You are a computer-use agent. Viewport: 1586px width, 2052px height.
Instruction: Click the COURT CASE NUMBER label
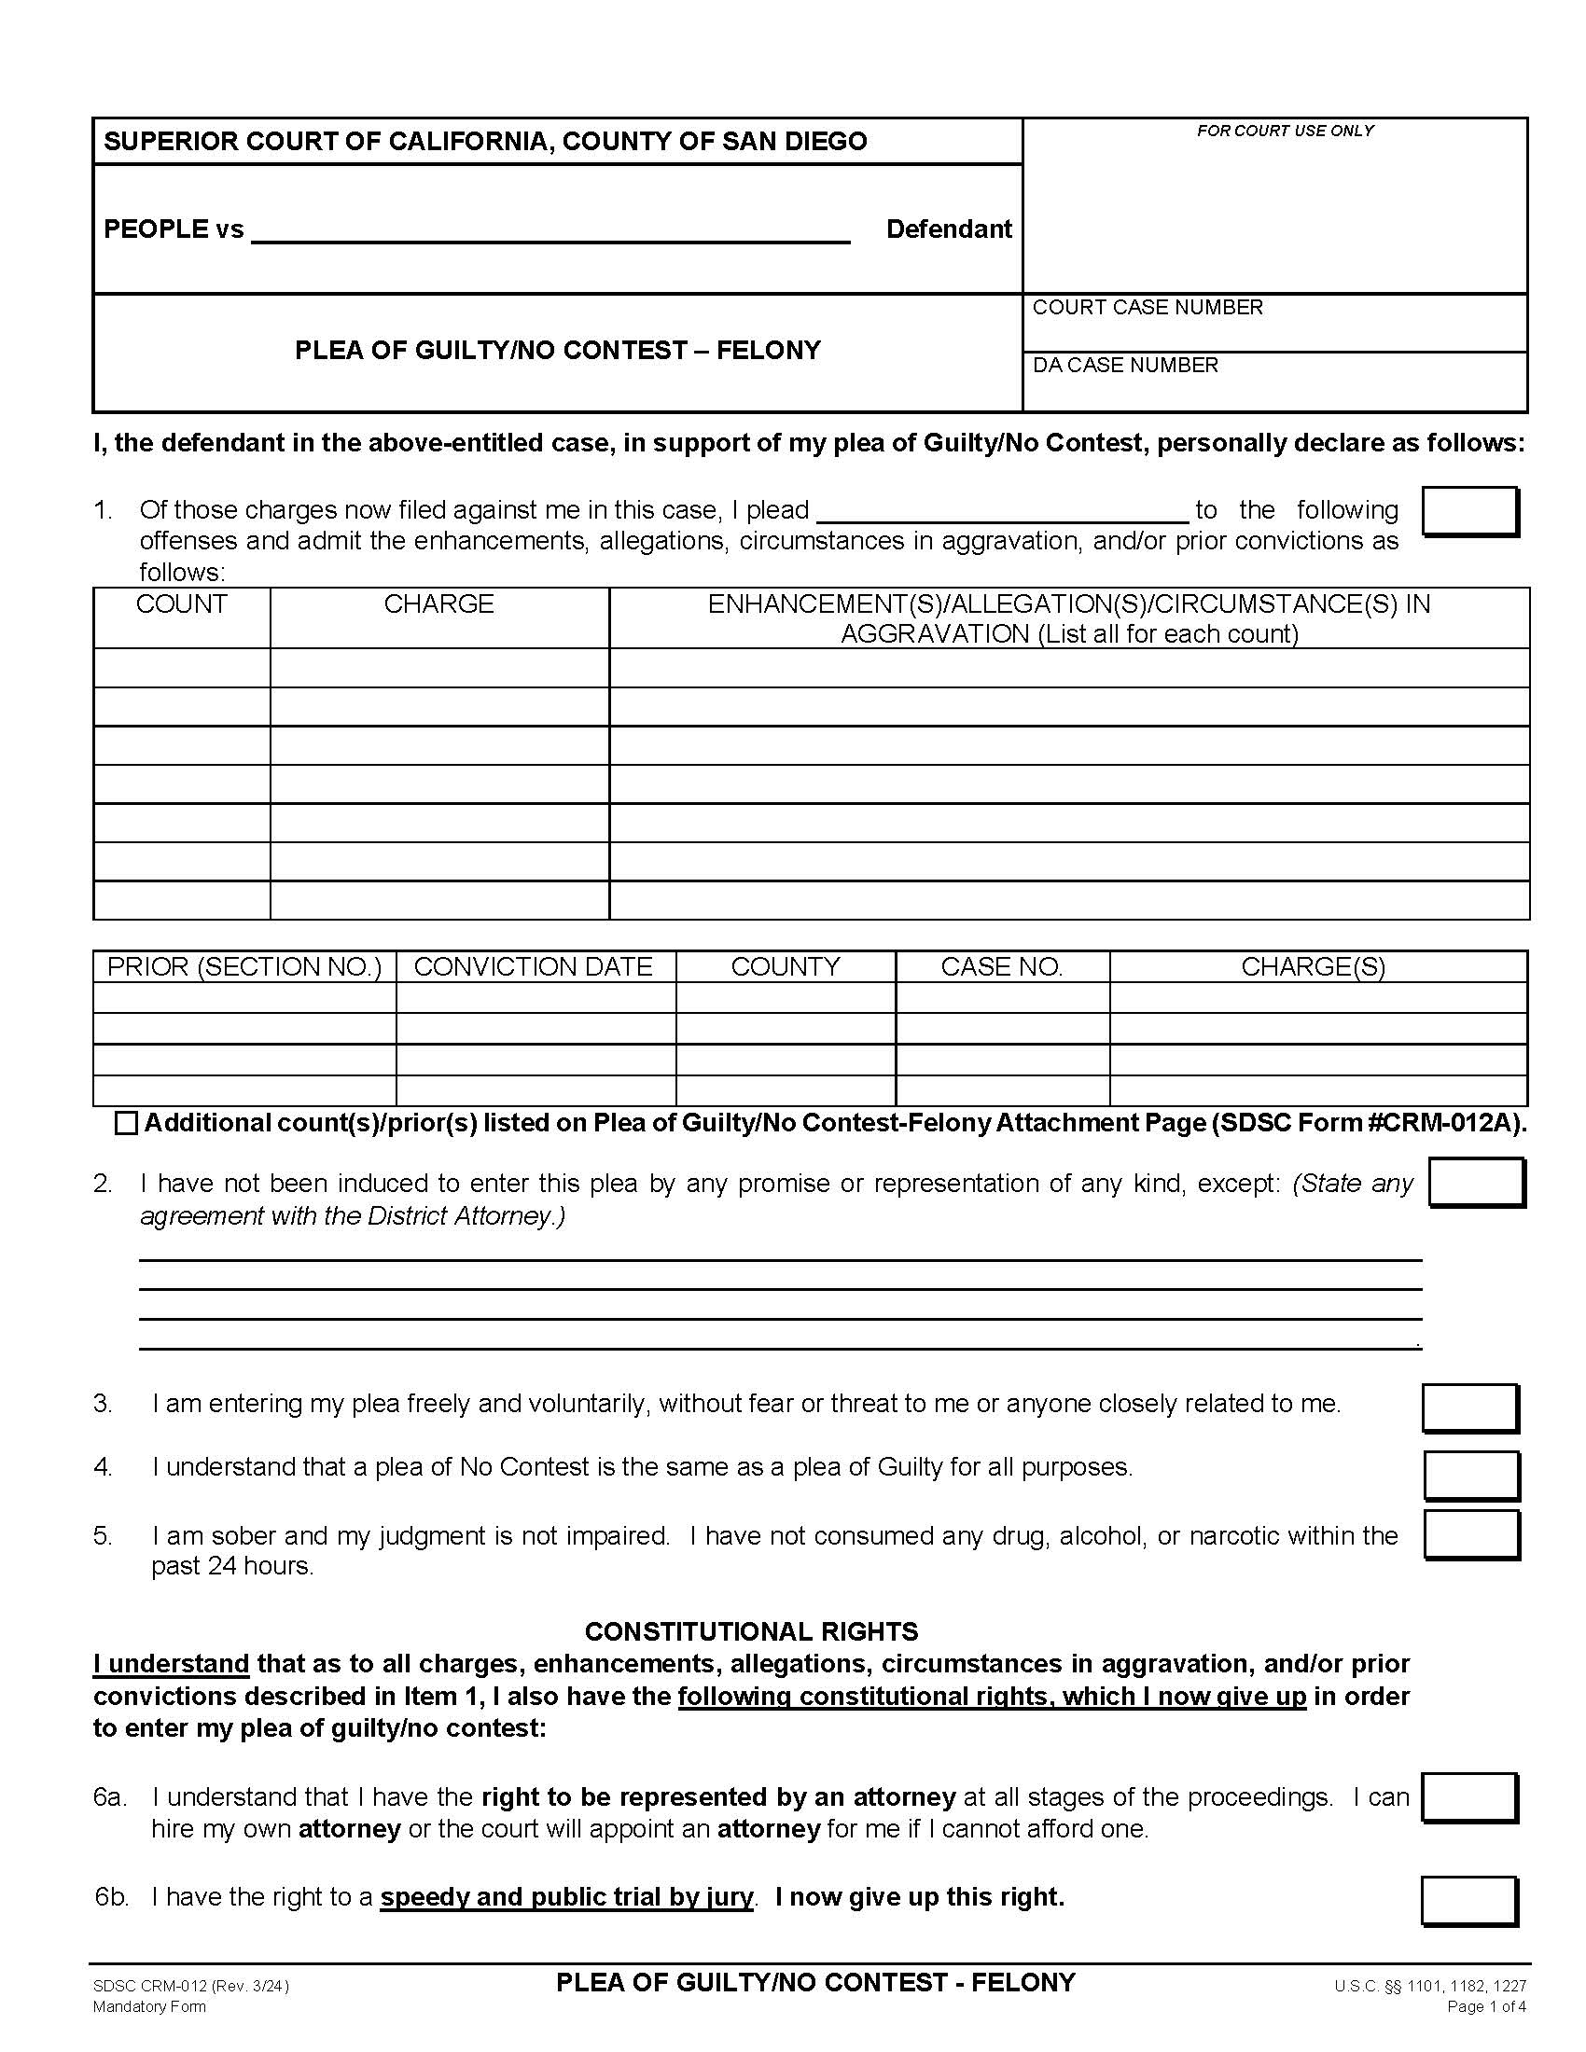(1147, 308)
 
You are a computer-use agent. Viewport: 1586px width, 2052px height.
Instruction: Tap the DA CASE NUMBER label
(1125, 366)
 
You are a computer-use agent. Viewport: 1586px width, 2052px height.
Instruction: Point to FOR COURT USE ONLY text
(1285, 132)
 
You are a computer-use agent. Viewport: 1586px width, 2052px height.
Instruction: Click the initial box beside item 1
(1469, 512)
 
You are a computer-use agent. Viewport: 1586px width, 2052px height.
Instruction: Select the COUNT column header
(181, 604)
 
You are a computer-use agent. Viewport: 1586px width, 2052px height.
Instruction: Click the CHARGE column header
(438, 604)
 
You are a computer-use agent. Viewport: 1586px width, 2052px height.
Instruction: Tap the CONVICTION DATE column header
(533, 967)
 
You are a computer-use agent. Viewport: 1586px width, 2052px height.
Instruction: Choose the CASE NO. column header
(1002, 967)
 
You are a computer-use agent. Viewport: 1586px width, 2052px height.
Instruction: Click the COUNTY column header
(786, 967)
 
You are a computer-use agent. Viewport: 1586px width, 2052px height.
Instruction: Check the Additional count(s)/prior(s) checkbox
(126, 1124)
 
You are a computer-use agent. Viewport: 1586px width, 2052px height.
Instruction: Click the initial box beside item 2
(1475, 1183)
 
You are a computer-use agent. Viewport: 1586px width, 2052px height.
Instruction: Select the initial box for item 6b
(1468, 1901)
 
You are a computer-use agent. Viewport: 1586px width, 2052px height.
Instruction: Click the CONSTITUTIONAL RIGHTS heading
(751, 1632)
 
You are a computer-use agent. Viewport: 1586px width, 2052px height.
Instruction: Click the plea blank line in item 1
(1003, 513)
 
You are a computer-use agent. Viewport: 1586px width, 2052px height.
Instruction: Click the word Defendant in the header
(948, 229)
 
